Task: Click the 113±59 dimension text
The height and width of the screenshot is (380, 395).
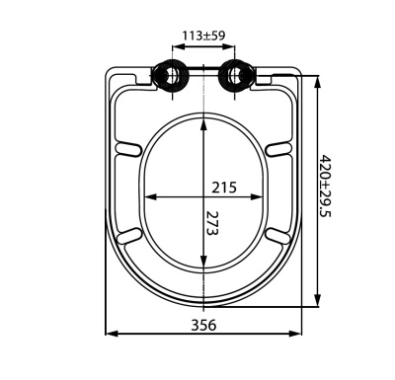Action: [x=204, y=36]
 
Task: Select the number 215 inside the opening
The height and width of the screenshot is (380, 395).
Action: [x=224, y=185]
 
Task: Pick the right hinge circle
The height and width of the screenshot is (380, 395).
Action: [x=236, y=75]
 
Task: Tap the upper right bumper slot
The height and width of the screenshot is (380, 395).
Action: [x=280, y=148]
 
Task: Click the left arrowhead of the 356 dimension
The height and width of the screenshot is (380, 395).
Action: [x=110, y=334]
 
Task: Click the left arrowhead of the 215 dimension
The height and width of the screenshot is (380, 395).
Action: [x=148, y=196]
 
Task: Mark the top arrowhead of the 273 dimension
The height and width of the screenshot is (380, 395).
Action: [x=204, y=120]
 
